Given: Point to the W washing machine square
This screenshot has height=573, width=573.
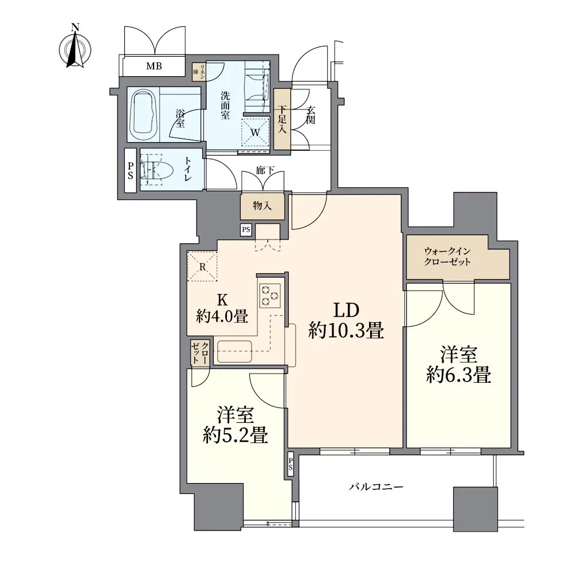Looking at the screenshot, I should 256,132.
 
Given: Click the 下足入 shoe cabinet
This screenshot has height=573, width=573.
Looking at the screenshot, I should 282,119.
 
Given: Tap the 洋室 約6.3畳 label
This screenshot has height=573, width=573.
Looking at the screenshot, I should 458,365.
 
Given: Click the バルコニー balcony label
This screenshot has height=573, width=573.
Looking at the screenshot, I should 376,487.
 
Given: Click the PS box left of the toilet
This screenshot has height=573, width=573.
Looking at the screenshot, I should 131,171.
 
